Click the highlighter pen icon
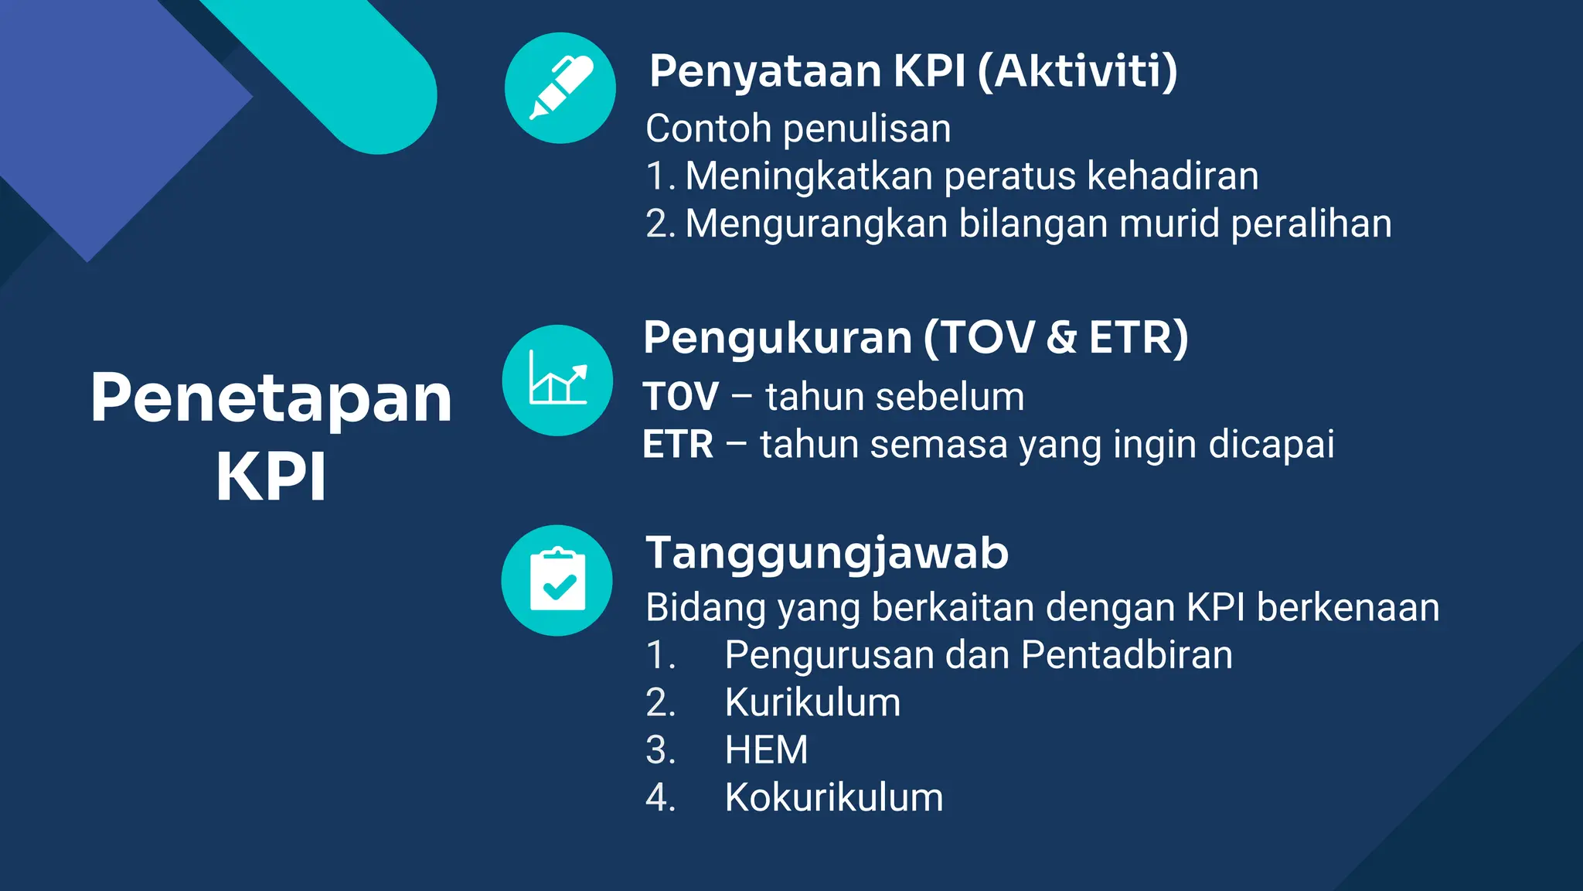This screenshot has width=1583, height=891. click(560, 88)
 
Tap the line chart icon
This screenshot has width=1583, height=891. click(557, 380)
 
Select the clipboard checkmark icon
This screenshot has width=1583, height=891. click(557, 581)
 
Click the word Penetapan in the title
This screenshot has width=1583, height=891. click(271, 398)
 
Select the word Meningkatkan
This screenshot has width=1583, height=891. click(809, 176)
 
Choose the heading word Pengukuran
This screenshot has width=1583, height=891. click(778, 338)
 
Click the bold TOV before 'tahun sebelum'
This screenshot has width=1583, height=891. click(681, 397)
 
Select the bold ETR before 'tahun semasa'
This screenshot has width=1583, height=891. click(678, 445)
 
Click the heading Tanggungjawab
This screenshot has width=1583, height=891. click(827, 554)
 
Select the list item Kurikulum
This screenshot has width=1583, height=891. click(812, 703)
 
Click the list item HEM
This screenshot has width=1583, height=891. click(766, 750)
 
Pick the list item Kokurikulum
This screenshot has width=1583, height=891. click(834, 797)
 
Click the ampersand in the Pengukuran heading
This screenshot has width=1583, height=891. click(1061, 338)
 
